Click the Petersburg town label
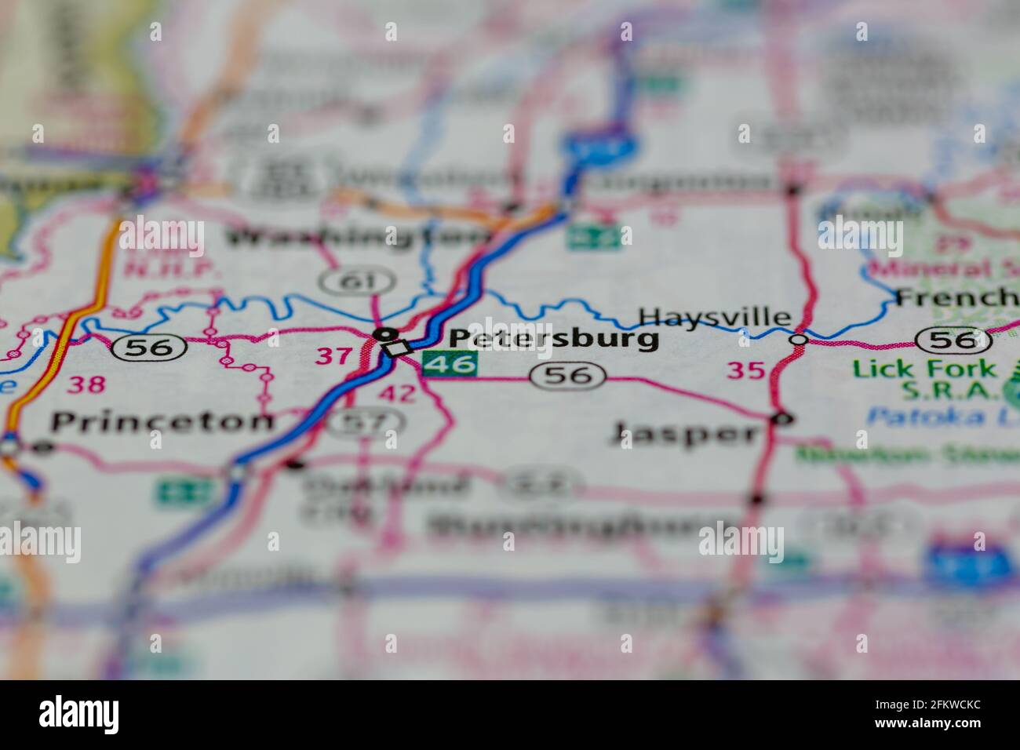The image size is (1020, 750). [553, 338]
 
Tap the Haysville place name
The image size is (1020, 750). [714, 317]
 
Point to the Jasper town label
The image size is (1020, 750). [685, 431]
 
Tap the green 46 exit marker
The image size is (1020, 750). [450, 363]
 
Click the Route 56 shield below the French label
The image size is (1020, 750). [953, 340]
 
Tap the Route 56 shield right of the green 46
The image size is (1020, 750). [569, 376]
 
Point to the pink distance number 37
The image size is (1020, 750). [334, 356]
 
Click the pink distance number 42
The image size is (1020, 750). [397, 393]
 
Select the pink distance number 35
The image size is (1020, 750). [745, 370]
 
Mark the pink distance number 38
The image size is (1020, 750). [86, 384]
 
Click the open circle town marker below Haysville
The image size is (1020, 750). [798, 340]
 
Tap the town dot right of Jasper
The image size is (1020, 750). [780, 418]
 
